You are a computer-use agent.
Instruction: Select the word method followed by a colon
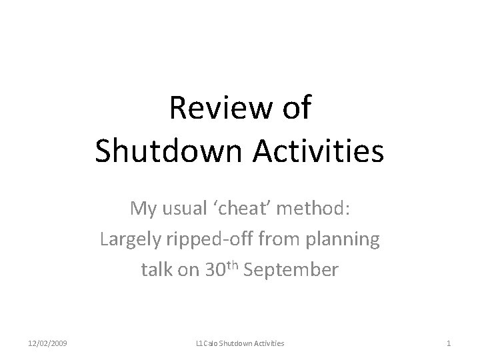click(315, 209)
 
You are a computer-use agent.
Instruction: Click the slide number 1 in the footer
click(449, 343)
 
